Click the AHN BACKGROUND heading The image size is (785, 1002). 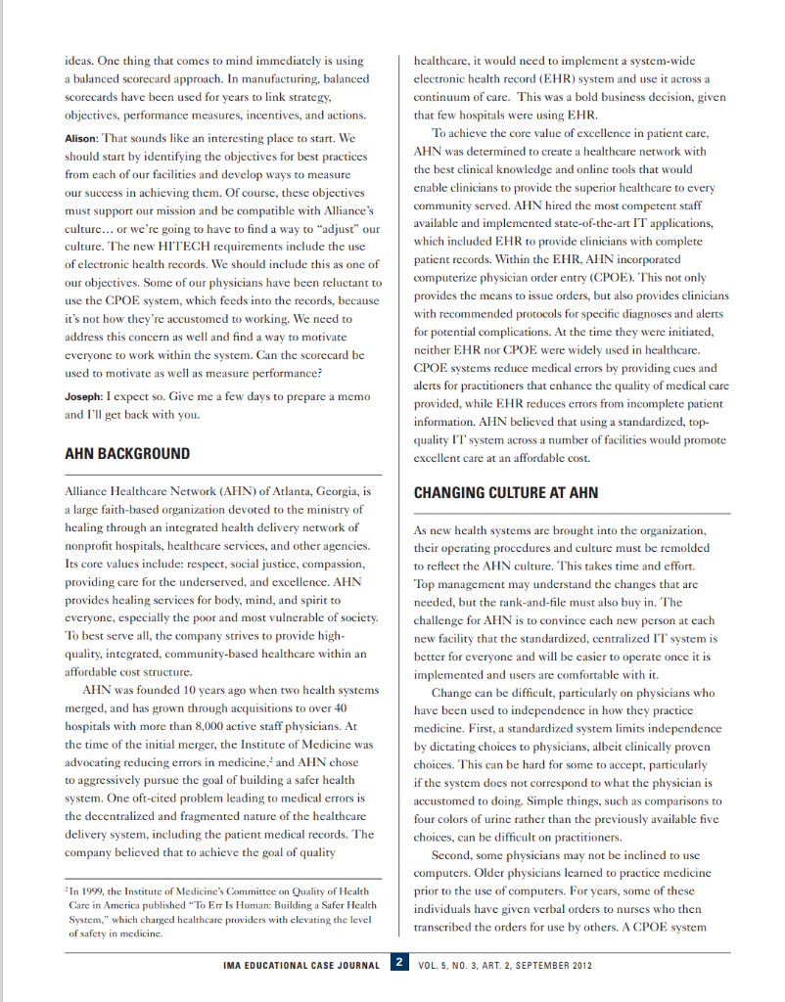pos(127,454)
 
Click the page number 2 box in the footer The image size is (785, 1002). pos(399,964)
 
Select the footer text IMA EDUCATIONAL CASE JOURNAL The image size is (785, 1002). pos(302,965)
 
